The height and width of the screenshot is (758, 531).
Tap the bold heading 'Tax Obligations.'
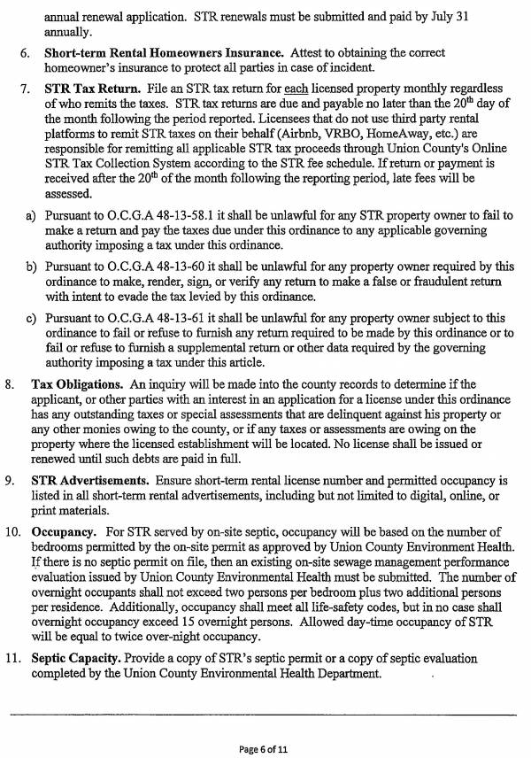click(78, 385)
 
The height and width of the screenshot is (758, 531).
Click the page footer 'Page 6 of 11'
click(264, 748)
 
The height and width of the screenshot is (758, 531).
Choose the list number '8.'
click(11, 385)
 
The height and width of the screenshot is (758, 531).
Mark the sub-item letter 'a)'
click(31, 215)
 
